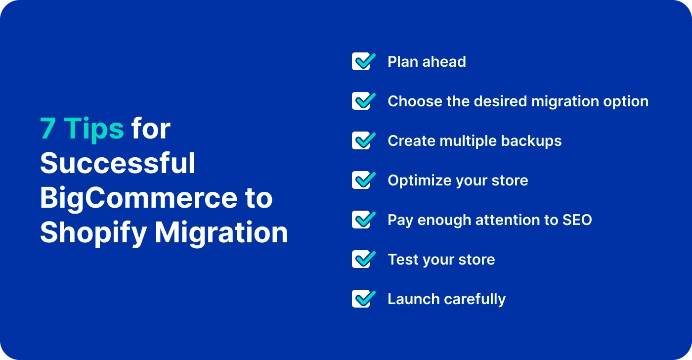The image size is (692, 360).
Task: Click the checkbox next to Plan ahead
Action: [x=362, y=62]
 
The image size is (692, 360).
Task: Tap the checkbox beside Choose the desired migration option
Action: [x=362, y=101]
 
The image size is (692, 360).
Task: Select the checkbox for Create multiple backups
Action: [x=362, y=141]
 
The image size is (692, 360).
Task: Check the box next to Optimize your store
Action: [x=362, y=180]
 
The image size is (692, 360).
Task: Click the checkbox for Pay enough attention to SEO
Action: [x=362, y=220]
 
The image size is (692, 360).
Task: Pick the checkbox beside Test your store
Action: [x=362, y=260]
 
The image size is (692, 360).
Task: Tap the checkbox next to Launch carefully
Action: [x=362, y=299]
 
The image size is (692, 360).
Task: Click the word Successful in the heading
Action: [x=118, y=164]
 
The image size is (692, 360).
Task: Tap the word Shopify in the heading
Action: [x=92, y=233]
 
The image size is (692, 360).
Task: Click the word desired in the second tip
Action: [x=499, y=101]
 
